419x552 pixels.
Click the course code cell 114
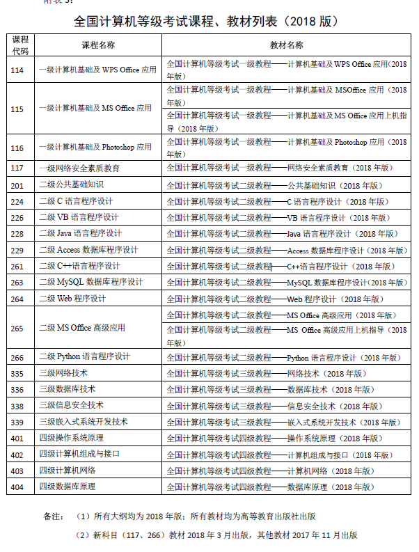coord(18,70)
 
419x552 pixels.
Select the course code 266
coord(18,357)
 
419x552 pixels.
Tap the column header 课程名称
coord(98,45)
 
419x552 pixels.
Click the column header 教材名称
coord(287,45)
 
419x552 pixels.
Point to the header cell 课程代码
coord(21,45)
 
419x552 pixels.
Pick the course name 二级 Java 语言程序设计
coord(80,233)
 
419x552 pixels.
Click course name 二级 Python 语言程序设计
coord(84,357)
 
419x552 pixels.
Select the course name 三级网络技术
coord(63,373)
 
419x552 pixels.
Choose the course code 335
coord(18,373)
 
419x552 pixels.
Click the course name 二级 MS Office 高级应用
coord(82,328)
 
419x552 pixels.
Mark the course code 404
coord(18,487)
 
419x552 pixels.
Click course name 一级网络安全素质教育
coord(79,168)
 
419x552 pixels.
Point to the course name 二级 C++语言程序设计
coord(79,266)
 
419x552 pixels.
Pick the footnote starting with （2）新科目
coord(216,535)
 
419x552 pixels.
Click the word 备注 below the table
coord(53,516)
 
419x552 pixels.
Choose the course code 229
coord(18,250)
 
